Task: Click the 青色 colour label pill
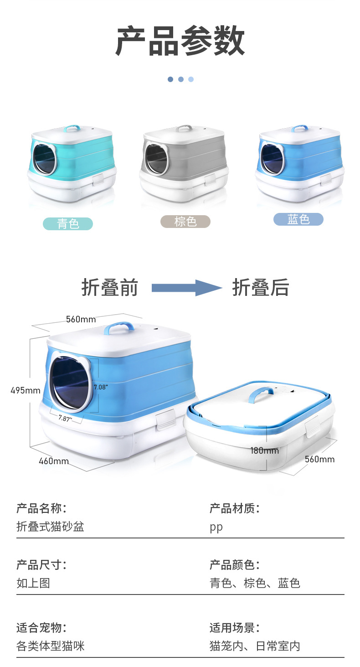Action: [x=68, y=224]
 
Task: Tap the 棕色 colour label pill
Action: [x=185, y=222]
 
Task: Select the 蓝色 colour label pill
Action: [x=298, y=219]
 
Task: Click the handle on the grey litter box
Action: [x=184, y=128]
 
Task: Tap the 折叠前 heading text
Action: [x=109, y=288]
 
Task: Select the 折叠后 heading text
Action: [x=261, y=288]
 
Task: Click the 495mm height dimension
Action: [x=26, y=390]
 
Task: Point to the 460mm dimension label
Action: [x=54, y=461]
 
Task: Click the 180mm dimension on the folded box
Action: [x=264, y=450]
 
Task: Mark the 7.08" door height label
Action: [x=100, y=387]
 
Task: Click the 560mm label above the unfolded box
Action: [x=81, y=319]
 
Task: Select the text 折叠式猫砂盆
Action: [x=50, y=527]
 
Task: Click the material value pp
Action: [x=216, y=527]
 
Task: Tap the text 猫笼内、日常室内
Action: [x=255, y=646]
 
